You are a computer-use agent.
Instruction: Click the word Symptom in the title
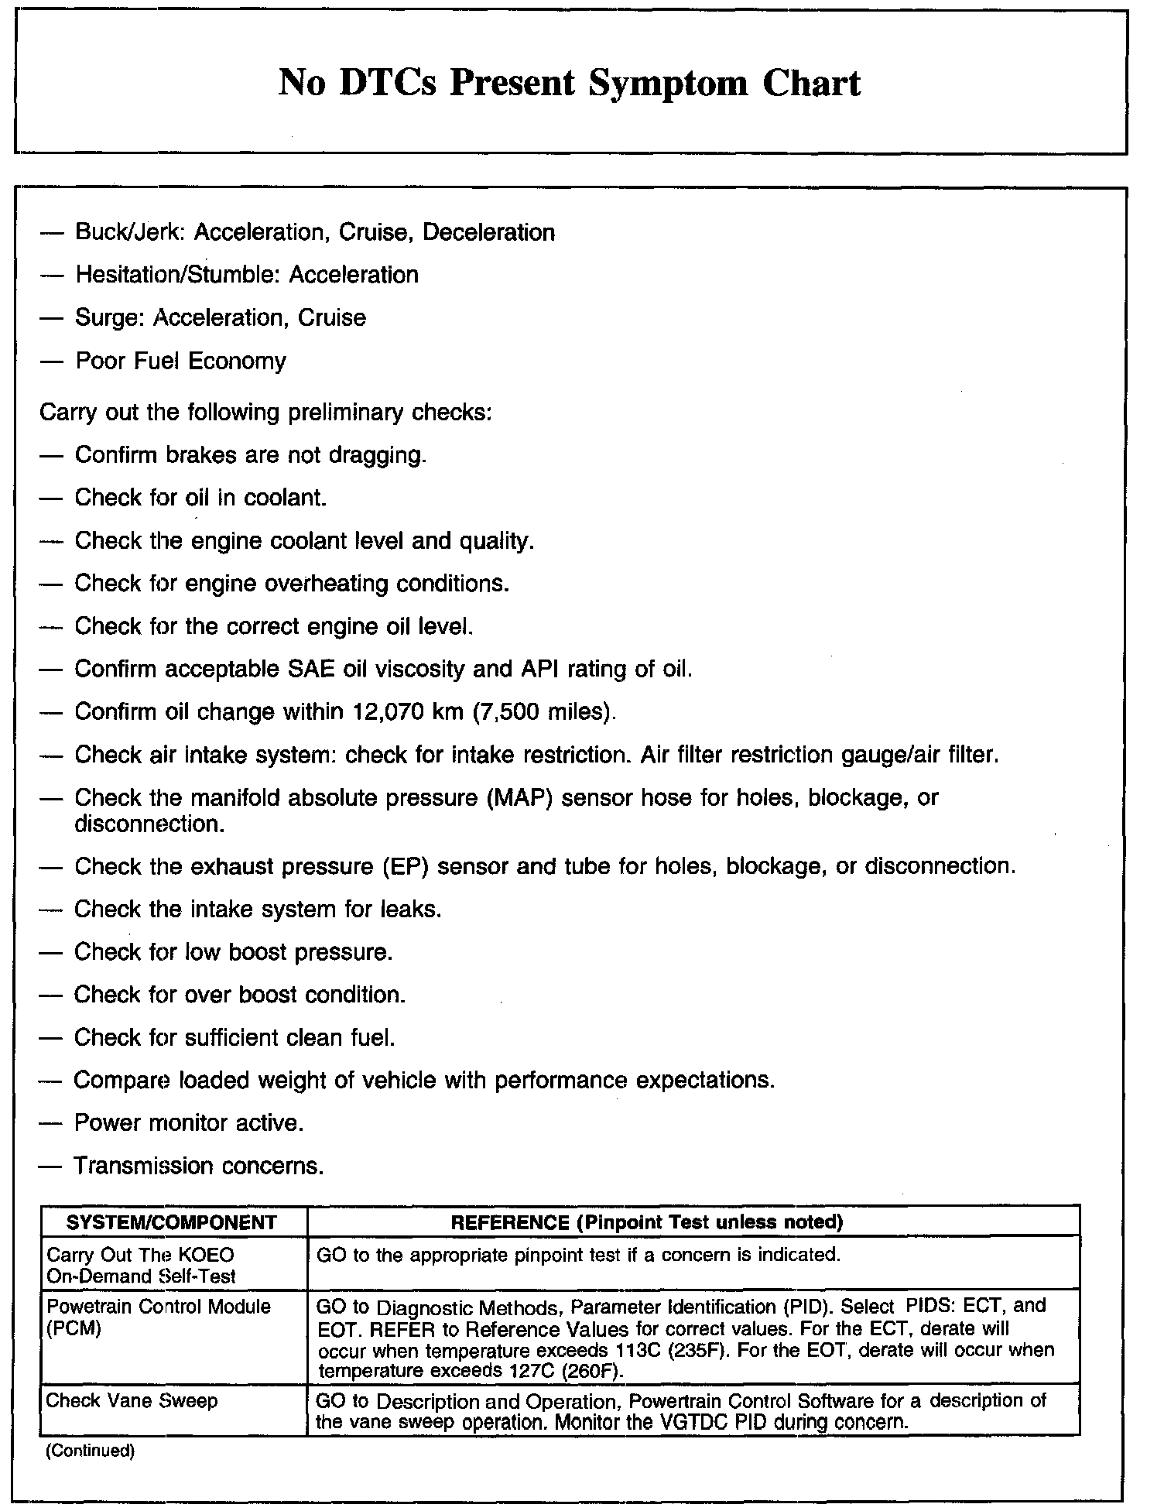pyautogui.click(x=667, y=84)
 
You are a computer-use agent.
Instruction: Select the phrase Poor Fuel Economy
pyautogui.click(x=180, y=361)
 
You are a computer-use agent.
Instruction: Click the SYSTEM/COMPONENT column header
pyautogui.click(x=172, y=1222)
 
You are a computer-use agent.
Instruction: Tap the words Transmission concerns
pyautogui.click(x=199, y=1166)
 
